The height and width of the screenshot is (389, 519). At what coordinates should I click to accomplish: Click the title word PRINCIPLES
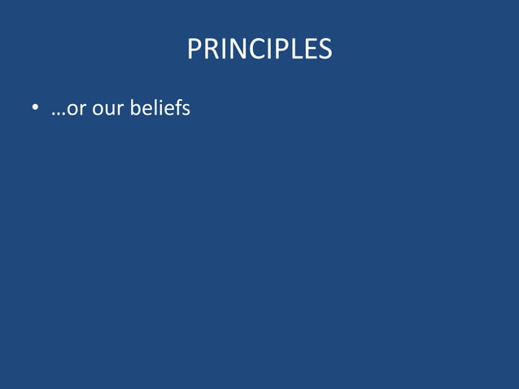pyautogui.click(x=259, y=50)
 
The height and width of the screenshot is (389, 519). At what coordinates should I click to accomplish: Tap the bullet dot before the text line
pyautogui.click(x=35, y=108)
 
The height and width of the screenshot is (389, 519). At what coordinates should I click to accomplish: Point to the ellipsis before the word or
pyautogui.click(x=59, y=112)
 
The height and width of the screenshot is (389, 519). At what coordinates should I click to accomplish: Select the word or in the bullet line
pyautogui.click(x=76, y=108)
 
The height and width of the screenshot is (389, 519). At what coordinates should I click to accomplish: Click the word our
pyautogui.click(x=107, y=108)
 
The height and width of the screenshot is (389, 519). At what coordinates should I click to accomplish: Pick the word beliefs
pyautogui.click(x=159, y=107)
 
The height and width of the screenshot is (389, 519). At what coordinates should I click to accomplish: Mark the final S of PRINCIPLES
pyautogui.click(x=323, y=50)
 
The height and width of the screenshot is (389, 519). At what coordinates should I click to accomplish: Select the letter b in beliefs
pyautogui.click(x=135, y=107)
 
